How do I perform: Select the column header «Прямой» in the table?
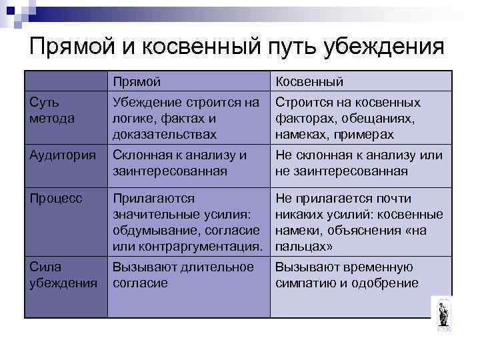pos(137,81)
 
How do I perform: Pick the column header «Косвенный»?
pos(309,81)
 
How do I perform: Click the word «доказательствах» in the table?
pos(165,135)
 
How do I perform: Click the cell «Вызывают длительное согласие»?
pos(183,275)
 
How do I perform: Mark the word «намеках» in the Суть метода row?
pos(299,135)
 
